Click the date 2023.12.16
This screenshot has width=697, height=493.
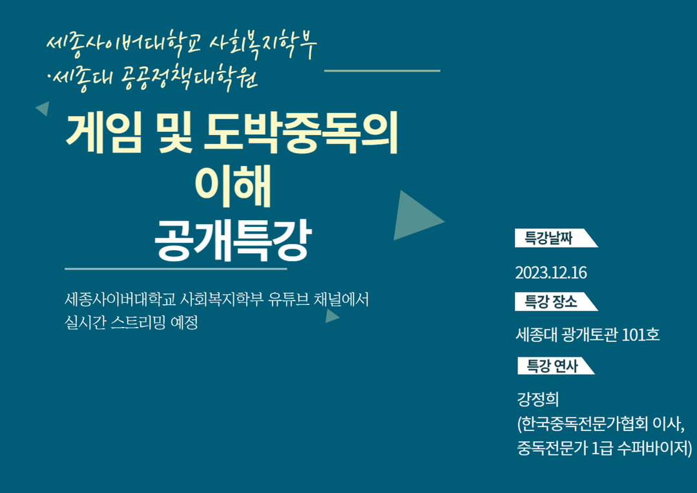click(551, 273)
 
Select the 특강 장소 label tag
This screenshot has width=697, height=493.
click(556, 302)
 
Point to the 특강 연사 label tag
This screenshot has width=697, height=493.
click(556, 366)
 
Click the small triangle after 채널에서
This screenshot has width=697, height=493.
click(332, 316)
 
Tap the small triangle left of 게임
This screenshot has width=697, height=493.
click(43, 108)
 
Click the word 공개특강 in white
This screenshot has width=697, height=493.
click(233, 240)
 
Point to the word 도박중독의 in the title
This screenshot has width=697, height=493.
click(300, 132)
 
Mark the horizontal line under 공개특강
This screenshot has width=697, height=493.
click(176, 269)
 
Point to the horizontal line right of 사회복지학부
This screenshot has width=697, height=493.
click(382, 70)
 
